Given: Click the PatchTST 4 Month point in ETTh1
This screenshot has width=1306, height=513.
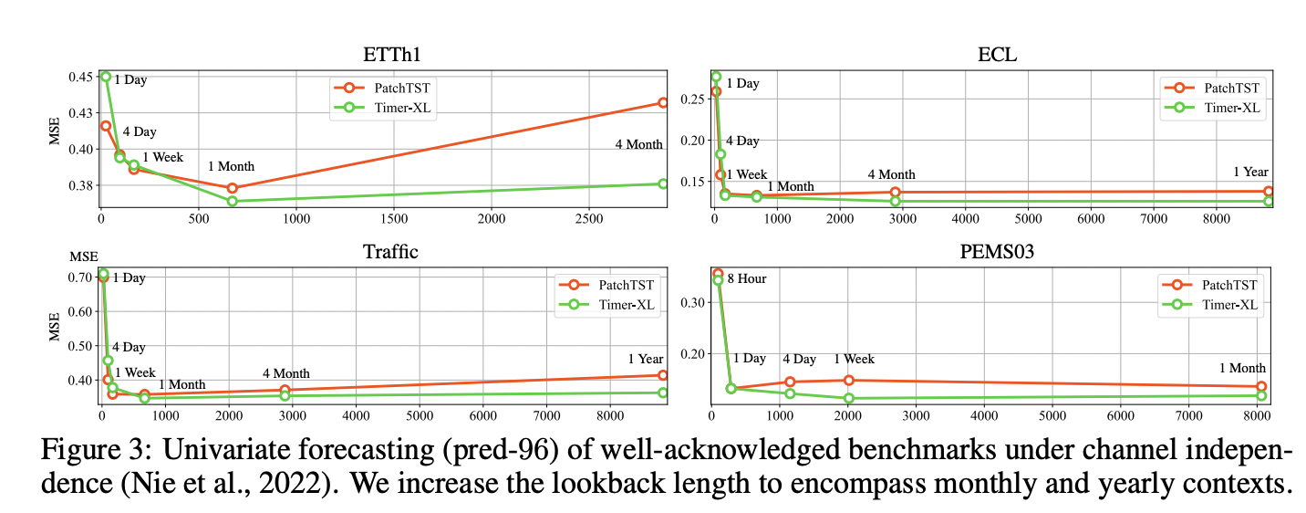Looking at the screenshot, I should click(x=663, y=102).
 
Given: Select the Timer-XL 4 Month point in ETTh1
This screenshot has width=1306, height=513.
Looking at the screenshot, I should click(x=663, y=183).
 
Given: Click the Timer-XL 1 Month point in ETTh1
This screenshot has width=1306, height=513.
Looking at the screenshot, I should click(x=233, y=201).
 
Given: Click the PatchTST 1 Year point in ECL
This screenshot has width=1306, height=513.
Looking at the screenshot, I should click(x=1269, y=192).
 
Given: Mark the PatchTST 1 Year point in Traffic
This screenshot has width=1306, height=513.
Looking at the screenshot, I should click(x=663, y=375).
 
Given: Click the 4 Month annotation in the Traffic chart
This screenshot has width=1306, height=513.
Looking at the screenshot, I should click(x=285, y=373).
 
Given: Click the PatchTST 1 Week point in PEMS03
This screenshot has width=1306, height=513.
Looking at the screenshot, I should click(x=848, y=380).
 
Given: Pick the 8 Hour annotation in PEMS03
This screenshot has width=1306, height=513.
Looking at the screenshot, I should click(x=746, y=278).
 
